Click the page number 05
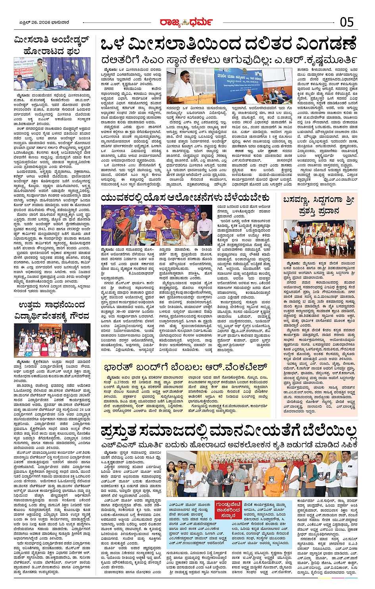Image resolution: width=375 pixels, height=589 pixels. (x=346, y=22)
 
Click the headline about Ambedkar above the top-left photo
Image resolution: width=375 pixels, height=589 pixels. (x=52, y=45)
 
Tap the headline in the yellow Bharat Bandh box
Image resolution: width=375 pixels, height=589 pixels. (x=185, y=367)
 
